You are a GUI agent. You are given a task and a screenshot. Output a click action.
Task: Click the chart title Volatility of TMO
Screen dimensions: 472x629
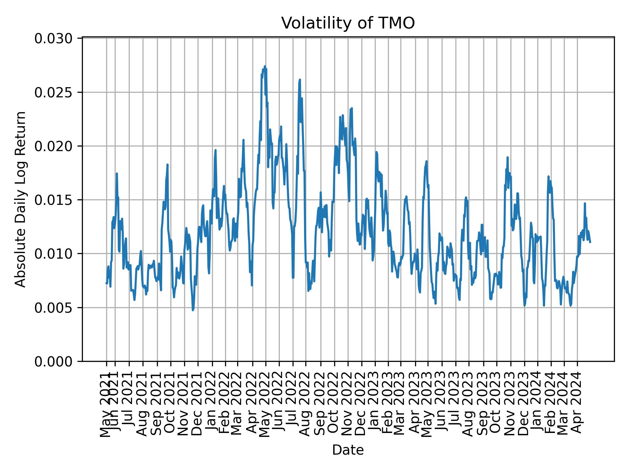348,23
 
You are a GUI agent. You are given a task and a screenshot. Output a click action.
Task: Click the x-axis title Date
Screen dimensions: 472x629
348,450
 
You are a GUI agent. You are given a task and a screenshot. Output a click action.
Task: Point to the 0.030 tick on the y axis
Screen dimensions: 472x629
53,39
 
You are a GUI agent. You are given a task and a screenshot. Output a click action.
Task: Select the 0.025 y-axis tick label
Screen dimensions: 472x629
53,92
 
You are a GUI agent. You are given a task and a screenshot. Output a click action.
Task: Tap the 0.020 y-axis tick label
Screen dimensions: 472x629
53,146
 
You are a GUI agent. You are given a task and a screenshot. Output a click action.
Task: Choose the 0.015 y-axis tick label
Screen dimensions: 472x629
53,200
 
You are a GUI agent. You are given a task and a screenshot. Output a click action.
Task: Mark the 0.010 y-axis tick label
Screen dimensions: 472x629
53,254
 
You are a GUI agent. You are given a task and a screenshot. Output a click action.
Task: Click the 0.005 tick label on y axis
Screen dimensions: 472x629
53,308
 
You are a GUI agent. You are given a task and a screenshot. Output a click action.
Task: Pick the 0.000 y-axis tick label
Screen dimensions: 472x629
53,362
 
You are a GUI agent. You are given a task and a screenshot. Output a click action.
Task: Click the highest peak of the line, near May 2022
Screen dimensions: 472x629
265,67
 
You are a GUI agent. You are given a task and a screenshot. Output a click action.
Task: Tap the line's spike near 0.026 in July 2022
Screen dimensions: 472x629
300,80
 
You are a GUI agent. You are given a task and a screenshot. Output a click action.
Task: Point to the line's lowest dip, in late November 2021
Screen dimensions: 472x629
193,310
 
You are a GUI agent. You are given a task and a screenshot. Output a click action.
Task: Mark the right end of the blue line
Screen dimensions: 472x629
590,242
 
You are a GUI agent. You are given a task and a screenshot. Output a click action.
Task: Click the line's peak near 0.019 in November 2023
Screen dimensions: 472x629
507,158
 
